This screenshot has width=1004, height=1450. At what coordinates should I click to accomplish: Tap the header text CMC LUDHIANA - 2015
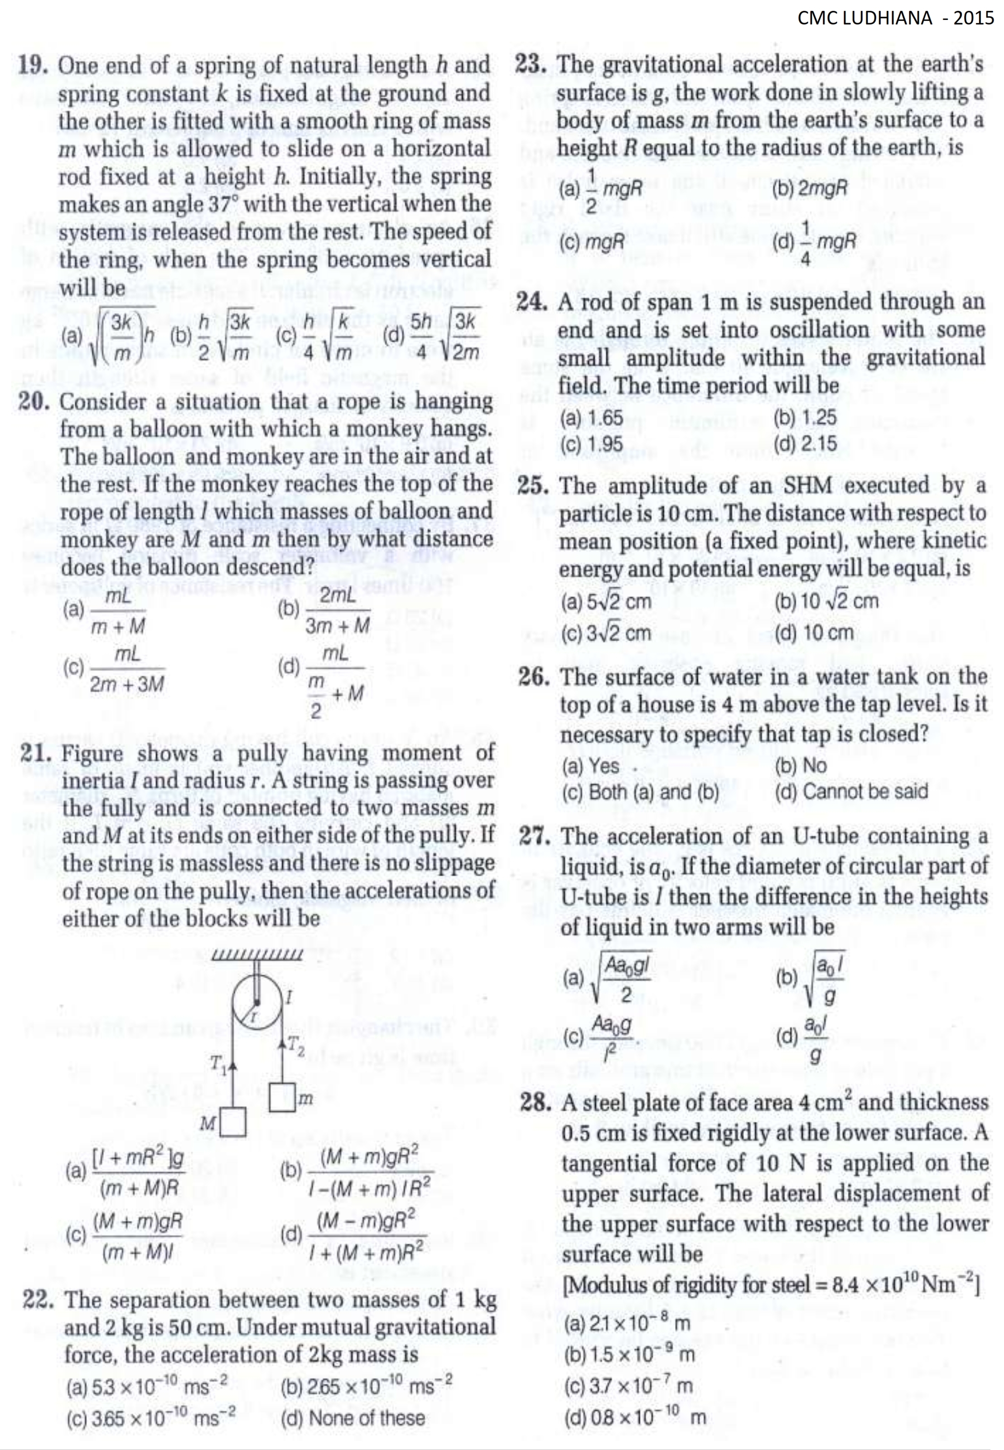coord(895,18)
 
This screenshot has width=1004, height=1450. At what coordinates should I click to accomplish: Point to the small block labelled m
coord(282,1097)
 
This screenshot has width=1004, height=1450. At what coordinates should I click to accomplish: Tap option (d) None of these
coord(352,1418)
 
